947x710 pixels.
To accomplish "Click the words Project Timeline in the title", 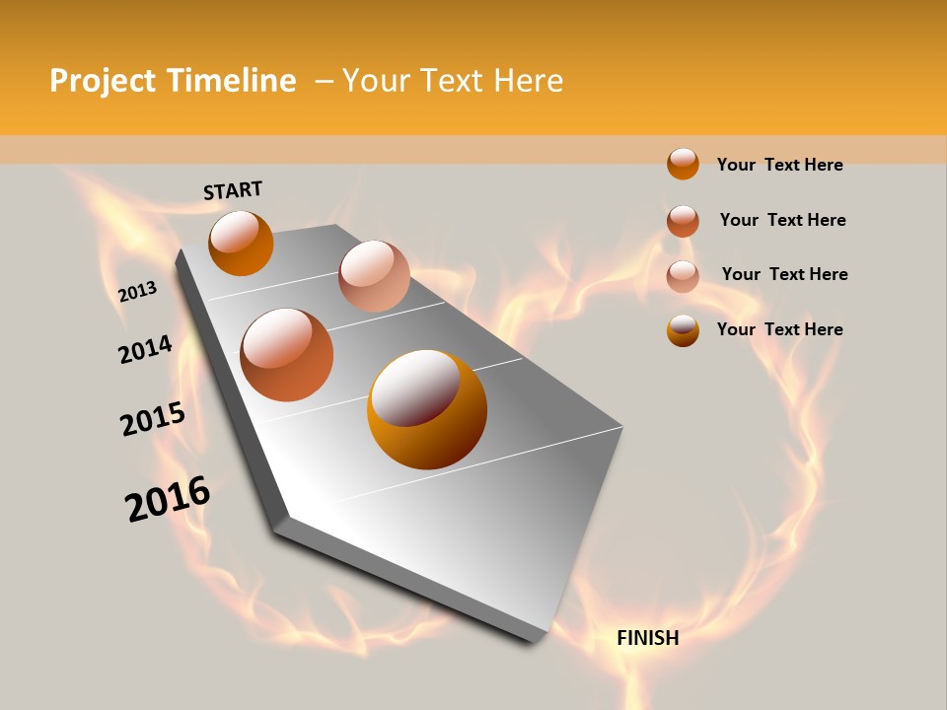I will (173, 81).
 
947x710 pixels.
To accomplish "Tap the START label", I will (233, 190).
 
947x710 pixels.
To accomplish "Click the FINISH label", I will (647, 638).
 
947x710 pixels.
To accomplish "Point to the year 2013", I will (137, 291).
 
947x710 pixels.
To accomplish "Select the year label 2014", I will (145, 349).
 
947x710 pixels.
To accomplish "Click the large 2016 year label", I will (168, 499).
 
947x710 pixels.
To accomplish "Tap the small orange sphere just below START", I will (241, 243).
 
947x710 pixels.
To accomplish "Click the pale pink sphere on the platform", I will (374, 276).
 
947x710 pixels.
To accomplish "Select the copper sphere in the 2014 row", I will (287, 355).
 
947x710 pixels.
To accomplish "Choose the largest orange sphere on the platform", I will (427, 409).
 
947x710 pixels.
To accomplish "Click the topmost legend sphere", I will (683, 164).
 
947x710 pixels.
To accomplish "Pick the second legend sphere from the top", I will (683, 221).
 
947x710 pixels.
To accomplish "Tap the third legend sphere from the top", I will (683, 276).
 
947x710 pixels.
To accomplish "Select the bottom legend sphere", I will (683, 330).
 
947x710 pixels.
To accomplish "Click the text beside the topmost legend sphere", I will (779, 165).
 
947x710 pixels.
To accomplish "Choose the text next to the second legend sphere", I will (782, 220).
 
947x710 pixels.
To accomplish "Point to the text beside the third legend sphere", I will (784, 274).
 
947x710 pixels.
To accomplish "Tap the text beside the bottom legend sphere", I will (779, 329).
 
